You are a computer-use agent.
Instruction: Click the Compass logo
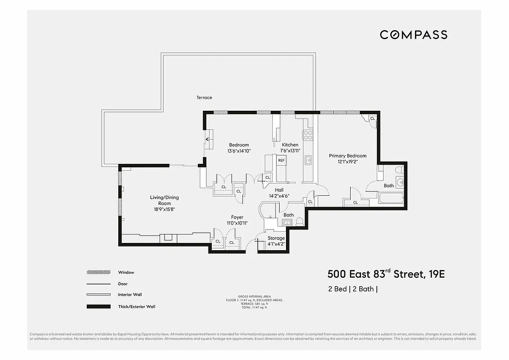(x=413, y=35)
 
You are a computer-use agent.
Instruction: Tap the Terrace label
(x=204, y=98)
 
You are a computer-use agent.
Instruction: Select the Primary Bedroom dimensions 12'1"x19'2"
(x=348, y=161)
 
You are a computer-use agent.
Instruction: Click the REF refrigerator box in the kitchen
(x=281, y=160)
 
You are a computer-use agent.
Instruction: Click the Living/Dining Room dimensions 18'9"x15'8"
(x=161, y=209)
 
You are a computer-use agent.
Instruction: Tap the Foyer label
(x=237, y=217)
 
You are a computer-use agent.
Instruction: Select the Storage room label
(x=276, y=238)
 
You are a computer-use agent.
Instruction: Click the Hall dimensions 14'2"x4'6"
(x=279, y=196)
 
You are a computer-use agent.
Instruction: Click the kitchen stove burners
(x=308, y=133)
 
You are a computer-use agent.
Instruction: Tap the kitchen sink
(x=309, y=160)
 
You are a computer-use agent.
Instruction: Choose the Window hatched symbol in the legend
(x=98, y=272)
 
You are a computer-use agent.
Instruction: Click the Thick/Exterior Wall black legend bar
(x=98, y=306)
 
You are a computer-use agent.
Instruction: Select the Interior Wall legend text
(x=129, y=295)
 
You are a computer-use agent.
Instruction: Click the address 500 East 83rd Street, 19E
(x=386, y=274)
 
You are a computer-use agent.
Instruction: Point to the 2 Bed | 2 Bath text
(x=352, y=289)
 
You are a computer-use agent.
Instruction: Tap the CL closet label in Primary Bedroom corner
(x=372, y=118)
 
